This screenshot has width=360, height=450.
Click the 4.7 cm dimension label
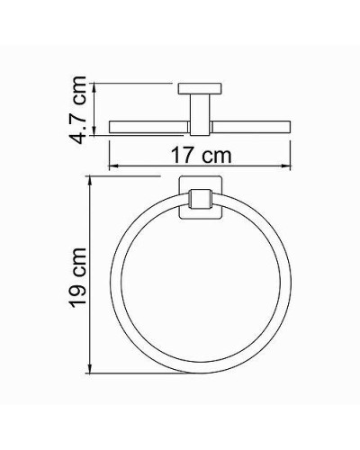click(78, 110)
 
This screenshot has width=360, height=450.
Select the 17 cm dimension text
click(201, 154)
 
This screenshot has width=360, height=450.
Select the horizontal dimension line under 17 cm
click(200, 166)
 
